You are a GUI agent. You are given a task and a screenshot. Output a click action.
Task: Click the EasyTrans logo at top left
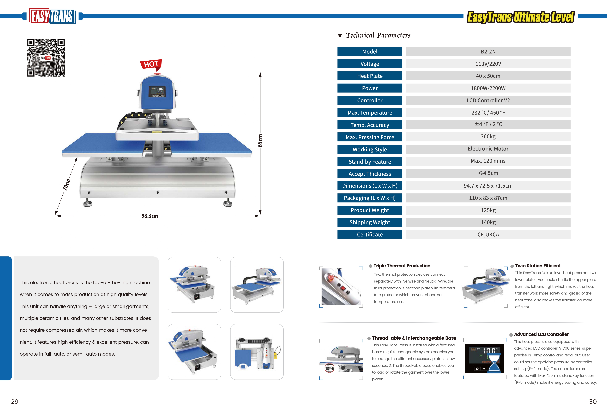(52, 16)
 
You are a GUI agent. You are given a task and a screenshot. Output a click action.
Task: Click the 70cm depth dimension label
(67, 184)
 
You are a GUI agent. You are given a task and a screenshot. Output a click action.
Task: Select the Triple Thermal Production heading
(402, 266)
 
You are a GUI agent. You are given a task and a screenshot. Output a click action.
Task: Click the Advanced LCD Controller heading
(541, 334)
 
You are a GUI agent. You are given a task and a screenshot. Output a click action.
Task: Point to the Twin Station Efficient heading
(538, 266)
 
